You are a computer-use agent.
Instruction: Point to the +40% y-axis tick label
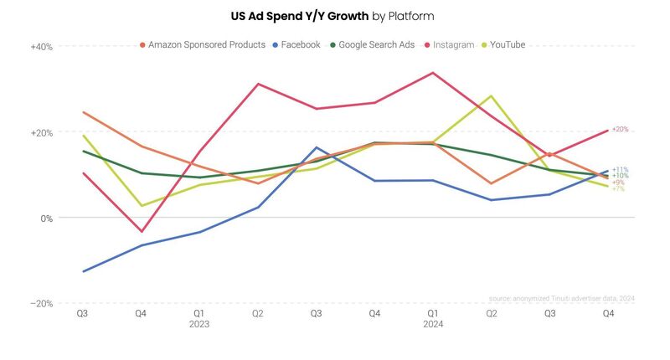(x=42, y=47)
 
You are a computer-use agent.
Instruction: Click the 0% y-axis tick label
(x=46, y=218)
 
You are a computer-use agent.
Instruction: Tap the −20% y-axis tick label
(x=42, y=303)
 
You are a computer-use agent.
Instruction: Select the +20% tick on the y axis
(x=42, y=132)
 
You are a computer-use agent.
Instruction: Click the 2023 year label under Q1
(x=199, y=324)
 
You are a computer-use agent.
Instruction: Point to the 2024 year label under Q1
(x=432, y=324)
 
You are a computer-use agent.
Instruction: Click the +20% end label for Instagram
(x=620, y=130)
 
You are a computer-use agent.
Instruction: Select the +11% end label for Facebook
(x=620, y=170)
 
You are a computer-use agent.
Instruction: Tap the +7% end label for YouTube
(x=618, y=188)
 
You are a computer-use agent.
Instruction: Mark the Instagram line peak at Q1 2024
(x=433, y=73)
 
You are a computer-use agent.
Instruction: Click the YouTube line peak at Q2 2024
(x=491, y=96)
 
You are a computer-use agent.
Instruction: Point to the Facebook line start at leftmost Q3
(x=83, y=271)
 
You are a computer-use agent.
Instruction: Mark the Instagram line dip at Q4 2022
(x=142, y=231)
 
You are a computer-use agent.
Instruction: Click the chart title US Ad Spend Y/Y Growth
(x=332, y=16)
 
